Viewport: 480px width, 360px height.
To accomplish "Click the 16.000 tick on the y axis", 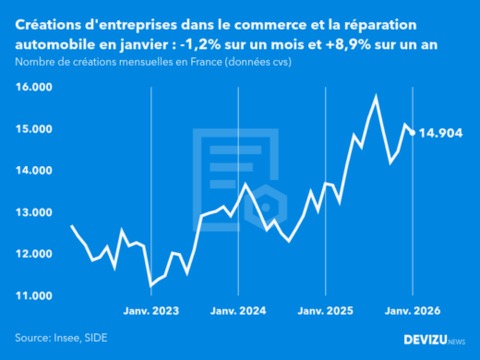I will point(33,87).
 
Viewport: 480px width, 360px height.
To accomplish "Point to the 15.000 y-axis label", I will point(33,129).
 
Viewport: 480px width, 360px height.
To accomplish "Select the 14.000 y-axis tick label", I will point(33,171).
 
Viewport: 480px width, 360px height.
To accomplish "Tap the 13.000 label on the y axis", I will point(33,212).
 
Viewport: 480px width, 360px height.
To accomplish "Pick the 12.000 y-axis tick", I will point(33,254).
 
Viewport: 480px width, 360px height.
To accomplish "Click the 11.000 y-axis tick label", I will point(33,295).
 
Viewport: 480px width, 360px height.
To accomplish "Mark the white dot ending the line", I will point(413,132).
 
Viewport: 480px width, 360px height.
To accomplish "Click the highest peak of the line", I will point(376,95).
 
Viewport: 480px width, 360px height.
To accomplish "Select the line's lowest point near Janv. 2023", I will point(150,285).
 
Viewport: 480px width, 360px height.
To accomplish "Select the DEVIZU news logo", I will point(434,340).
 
